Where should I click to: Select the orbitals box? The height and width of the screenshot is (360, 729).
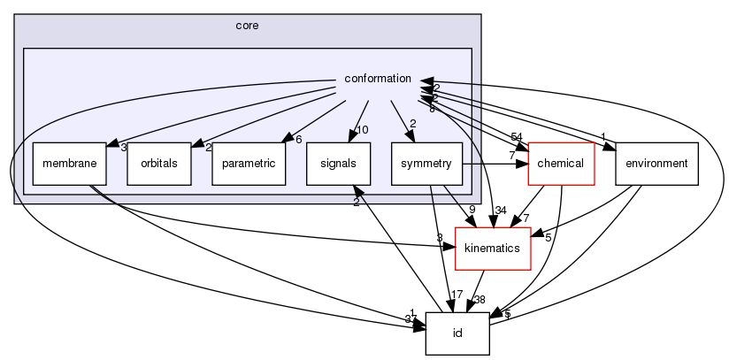pyautogui.click(x=158, y=163)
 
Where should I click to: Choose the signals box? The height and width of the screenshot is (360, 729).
pyautogui.click(x=336, y=163)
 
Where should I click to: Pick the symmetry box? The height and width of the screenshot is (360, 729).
pyautogui.click(x=426, y=163)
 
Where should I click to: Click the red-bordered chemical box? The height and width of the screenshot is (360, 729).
pyautogui.click(x=560, y=163)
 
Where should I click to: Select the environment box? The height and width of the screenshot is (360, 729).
pyautogui.click(x=656, y=163)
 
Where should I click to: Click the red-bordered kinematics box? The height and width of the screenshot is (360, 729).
pyautogui.click(x=492, y=249)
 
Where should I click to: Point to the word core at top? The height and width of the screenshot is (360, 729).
pyautogui.click(x=247, y=27)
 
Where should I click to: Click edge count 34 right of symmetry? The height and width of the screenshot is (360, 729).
pyautogui.click(x=501, y=210)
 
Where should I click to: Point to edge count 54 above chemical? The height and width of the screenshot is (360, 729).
pyautogui.click(x=517, y=135)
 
